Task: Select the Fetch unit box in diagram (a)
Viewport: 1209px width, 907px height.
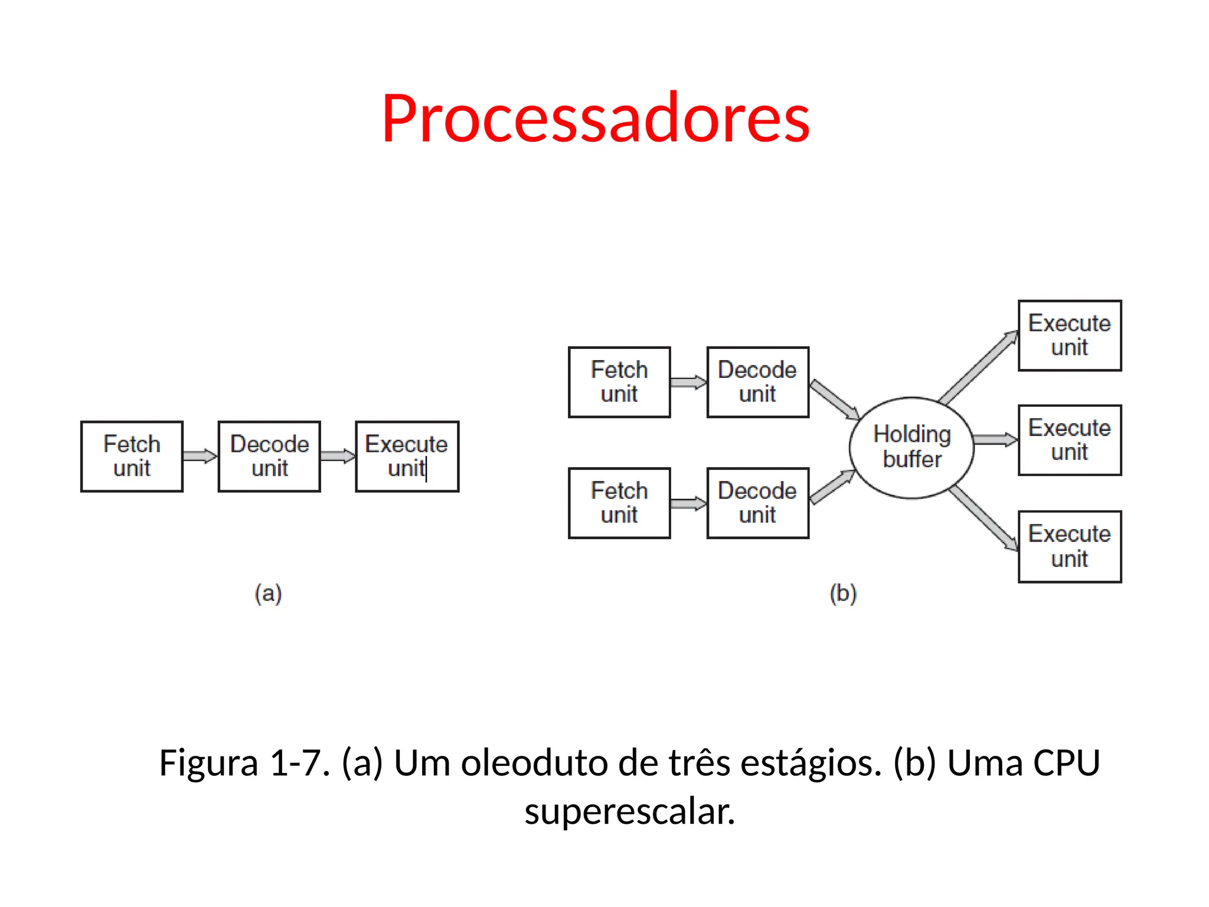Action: pos(132,456)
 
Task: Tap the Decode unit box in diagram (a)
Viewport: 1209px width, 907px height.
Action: pos(269,456)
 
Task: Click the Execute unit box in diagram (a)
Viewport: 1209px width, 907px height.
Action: pos(407,456)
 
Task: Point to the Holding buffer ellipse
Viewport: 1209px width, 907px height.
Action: pos(911,448)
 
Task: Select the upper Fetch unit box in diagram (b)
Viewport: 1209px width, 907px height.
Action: pos(619,382)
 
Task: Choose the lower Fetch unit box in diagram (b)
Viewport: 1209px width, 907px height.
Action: pos(619,503)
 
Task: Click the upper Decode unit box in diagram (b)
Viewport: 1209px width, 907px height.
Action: pos(757,382)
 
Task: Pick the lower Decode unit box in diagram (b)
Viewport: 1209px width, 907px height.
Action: pos(757,503)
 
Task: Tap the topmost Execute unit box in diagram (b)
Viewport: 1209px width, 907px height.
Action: pos(1069,335)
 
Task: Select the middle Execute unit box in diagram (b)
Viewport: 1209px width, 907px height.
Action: pos(1069,440)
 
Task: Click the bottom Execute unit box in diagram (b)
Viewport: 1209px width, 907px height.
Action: pos(1069,546)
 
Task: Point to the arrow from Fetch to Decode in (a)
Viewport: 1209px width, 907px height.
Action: pos(200,456)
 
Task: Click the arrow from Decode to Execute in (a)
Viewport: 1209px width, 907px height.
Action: pos(338,456)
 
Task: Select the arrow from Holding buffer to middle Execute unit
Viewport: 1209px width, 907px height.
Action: pos(995,439)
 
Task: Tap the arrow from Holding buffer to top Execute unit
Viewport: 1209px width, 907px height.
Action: pos(978,367)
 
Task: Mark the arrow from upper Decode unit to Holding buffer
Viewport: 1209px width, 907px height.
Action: pos(834,400)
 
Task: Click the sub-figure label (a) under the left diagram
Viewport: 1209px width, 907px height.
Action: pos(268,593)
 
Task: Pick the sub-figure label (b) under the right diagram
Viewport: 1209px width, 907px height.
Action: pos(842,593)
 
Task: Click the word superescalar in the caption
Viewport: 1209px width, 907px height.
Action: pos(629,811)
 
